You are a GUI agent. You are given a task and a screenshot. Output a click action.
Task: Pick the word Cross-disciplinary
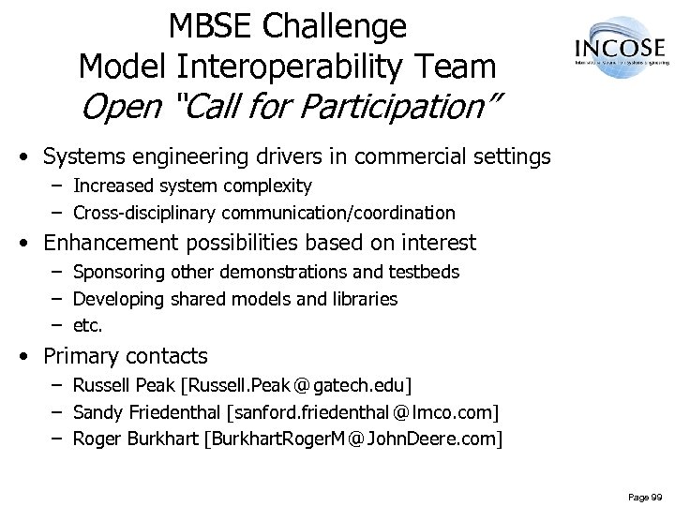(143, 213)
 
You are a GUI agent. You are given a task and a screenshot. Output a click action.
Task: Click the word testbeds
(426, 273)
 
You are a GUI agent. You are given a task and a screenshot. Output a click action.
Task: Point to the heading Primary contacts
(126, 357)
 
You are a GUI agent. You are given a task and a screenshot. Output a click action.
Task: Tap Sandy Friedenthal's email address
(363, 412)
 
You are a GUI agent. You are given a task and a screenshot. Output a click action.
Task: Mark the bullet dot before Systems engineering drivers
(31, 156)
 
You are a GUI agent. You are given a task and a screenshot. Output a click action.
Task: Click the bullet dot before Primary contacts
(31, 357)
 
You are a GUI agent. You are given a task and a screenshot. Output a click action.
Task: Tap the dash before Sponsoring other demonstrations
(55, 273)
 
